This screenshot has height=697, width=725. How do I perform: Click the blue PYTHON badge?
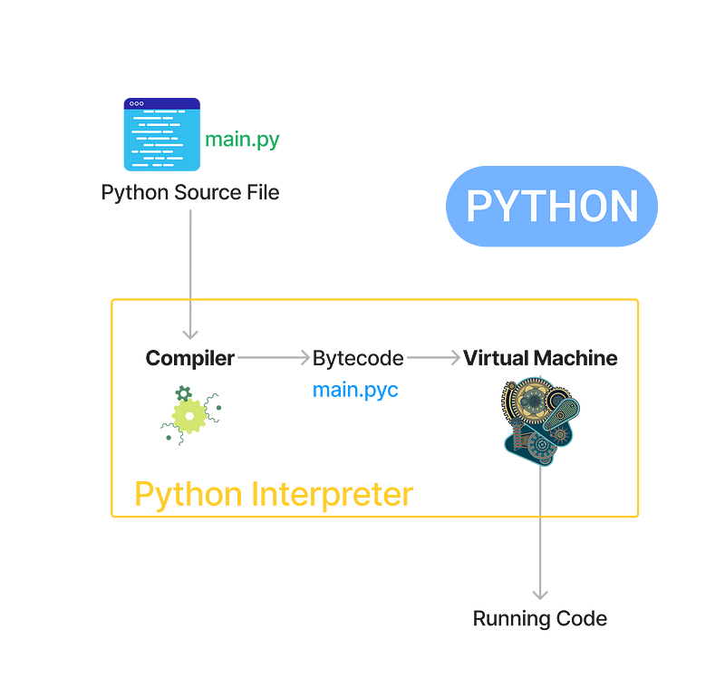tap(552, 206)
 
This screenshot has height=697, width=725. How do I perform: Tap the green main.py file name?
tap(243, 140)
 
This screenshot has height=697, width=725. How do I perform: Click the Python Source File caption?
tap(190, 192)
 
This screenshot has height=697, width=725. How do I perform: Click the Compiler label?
tap(189, 357)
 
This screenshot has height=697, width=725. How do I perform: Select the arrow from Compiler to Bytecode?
tap(273, 357)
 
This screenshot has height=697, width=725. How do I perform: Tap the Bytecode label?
tap(358, 357)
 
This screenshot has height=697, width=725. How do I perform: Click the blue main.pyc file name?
tap(356, 391)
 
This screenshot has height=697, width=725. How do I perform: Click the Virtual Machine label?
tap(541, 357)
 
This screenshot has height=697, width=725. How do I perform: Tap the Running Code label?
tap(540, 619)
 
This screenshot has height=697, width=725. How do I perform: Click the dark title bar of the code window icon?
tap(161, 102)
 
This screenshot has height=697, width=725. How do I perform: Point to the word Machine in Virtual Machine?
tap(579, 357)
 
